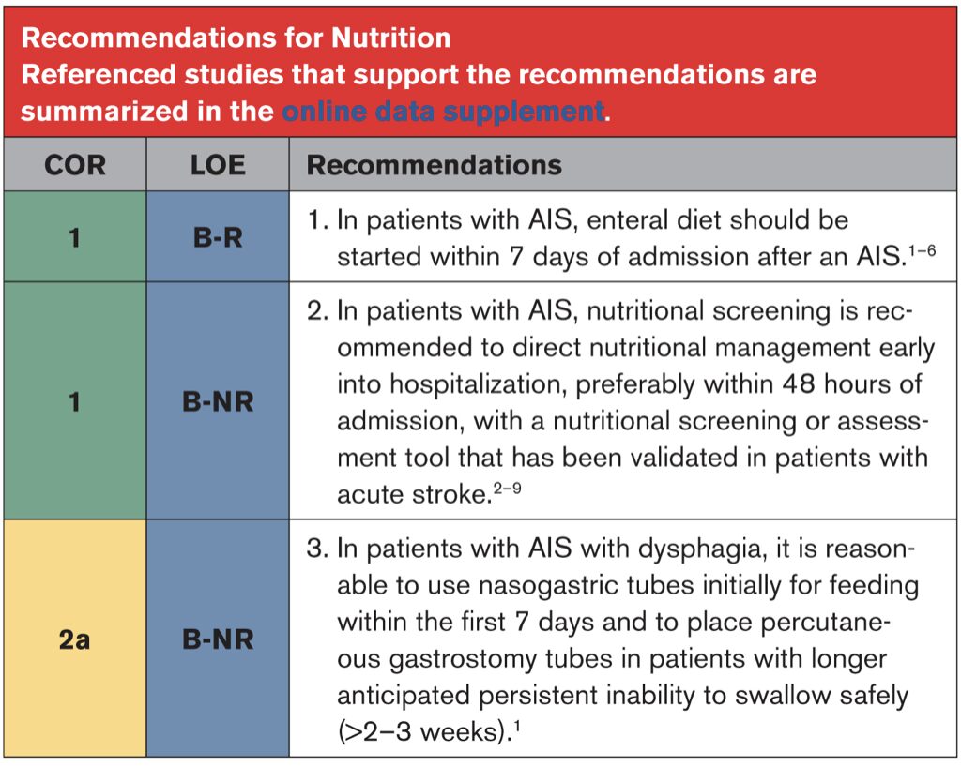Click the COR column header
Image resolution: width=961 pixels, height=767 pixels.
[75, 165]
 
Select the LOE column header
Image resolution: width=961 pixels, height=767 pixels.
[218, 165]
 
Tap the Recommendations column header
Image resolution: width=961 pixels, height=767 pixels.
[434, 165]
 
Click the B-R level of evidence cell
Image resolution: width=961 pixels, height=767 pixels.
[218, 237]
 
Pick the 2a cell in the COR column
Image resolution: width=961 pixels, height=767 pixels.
[75, 639]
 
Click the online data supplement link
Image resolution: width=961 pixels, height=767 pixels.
[443, 112]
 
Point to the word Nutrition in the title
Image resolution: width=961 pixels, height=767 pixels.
[391, 38]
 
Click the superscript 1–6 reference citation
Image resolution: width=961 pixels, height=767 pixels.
[922, 250]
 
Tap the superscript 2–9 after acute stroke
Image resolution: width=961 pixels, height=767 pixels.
[508, 488]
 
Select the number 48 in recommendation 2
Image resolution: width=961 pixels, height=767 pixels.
[798, 384]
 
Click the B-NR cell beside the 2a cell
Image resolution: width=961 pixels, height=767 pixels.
[218, 639]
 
